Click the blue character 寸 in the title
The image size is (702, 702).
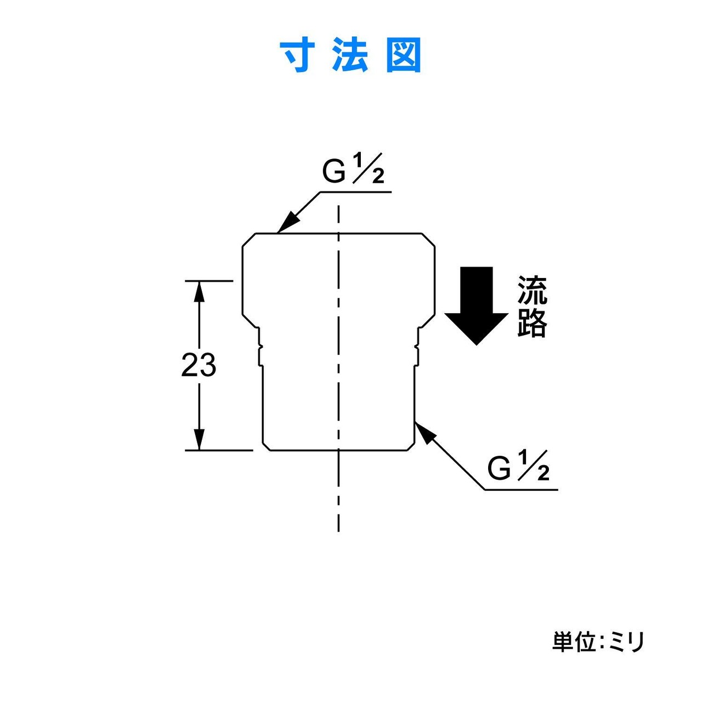[299, 56]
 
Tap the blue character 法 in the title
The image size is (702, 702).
[350, 56]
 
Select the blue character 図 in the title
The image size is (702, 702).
[404, 56]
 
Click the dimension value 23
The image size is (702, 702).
[199, 365]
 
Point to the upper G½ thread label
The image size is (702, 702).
[353, 169]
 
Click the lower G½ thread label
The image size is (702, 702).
[518, 466]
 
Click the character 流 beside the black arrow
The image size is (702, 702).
[532, 290]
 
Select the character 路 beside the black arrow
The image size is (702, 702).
[532, 323]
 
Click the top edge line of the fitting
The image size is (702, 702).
[338, 233]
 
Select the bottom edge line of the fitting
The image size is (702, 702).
[338, 451]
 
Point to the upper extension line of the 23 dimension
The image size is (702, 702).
[209, 281]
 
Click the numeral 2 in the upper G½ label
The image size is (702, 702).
[378, 177]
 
